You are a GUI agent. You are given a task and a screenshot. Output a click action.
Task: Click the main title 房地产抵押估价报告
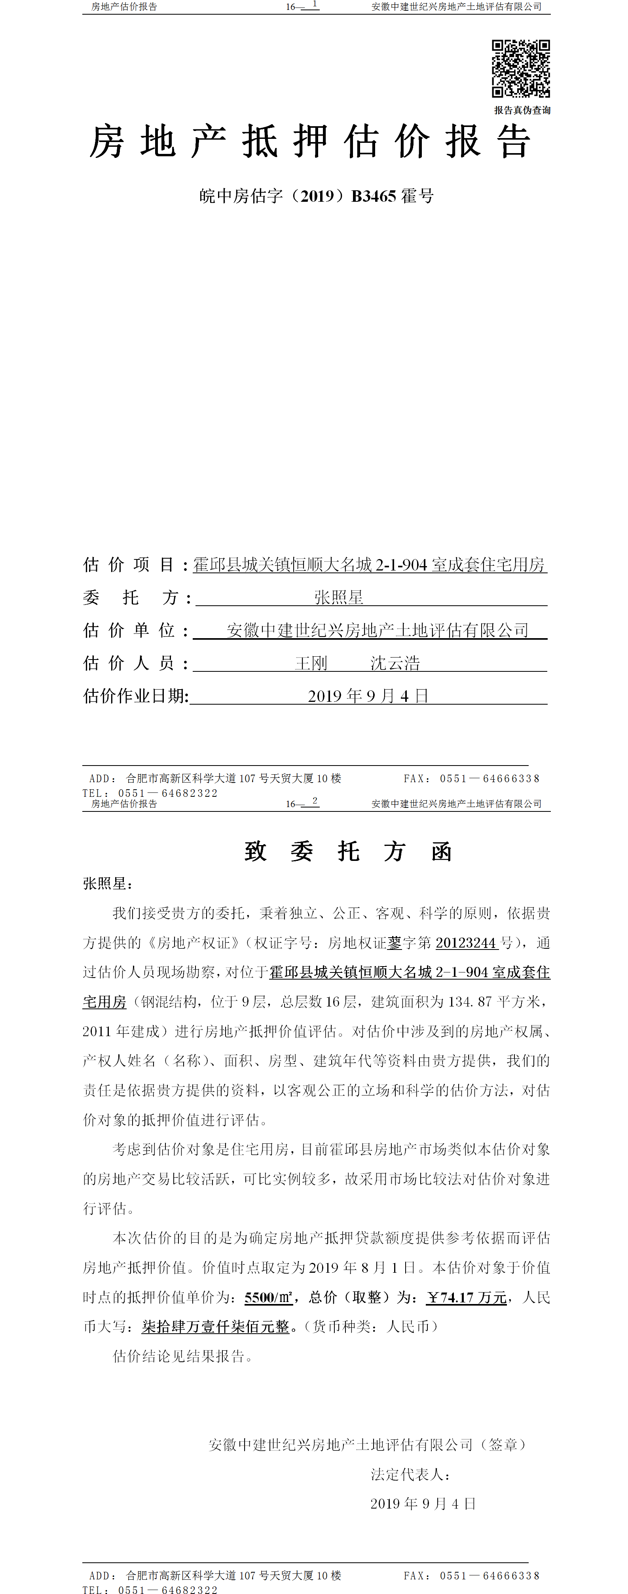(x=310, y=142)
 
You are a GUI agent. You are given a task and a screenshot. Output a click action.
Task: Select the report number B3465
(x=373, y=196)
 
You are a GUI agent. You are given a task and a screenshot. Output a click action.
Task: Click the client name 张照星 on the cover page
(x=338, y=597)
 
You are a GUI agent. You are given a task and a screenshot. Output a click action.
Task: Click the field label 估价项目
(x=129, y=564)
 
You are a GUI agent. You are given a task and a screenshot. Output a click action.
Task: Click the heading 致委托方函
(x=348, y=851)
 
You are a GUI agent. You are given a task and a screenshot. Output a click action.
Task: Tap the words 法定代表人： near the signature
(x=410, y=1475)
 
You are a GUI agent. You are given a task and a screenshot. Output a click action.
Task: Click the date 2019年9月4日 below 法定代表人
(x=423, y=1504)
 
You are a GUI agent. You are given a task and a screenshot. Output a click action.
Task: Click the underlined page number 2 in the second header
(x=315, y=801)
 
